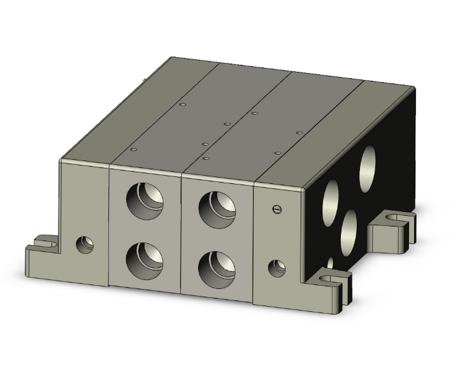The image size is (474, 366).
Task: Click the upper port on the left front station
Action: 145,202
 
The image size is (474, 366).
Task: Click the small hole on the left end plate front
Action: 84,244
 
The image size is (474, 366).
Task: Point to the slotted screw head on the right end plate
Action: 275,208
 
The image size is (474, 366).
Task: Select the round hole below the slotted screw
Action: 276,268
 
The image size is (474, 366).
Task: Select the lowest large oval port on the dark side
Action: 348,232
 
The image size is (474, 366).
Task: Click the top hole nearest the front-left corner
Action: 133,150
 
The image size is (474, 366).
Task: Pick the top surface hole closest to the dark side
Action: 299,132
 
